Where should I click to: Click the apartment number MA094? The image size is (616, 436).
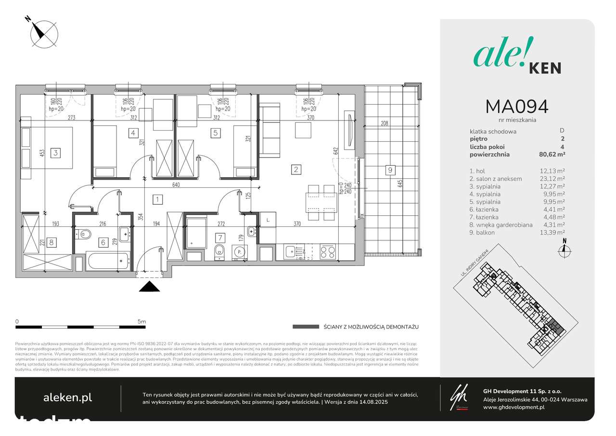coord(516,106)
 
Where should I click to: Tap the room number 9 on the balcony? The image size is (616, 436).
coord(390,170)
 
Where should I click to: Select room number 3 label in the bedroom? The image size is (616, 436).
coord(56,153)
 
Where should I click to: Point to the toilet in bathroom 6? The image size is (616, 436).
coord(85,235)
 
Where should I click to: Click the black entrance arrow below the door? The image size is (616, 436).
coord(149,287)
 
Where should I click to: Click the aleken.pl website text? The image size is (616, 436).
coord(67,397)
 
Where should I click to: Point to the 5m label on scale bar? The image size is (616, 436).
coord(141,321)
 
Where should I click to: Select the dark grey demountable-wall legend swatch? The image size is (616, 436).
coord(306,327)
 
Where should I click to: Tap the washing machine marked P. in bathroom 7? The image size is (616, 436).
coord(237,251)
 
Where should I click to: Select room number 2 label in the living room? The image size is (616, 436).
coord(296,169)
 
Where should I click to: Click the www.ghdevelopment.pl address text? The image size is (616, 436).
coord(513,407)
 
